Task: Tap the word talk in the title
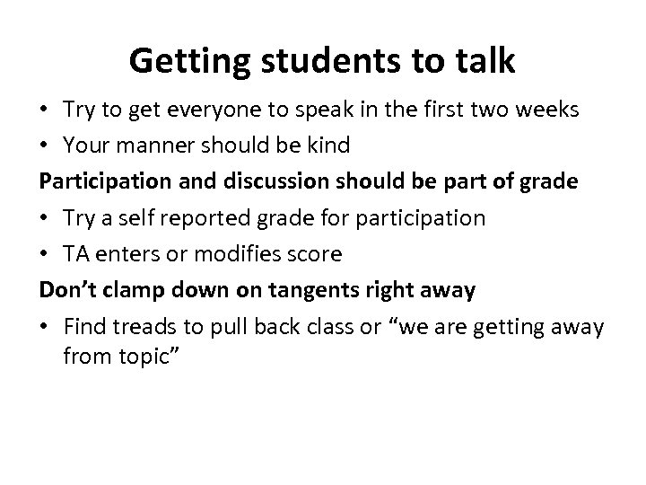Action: click(484, 61)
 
